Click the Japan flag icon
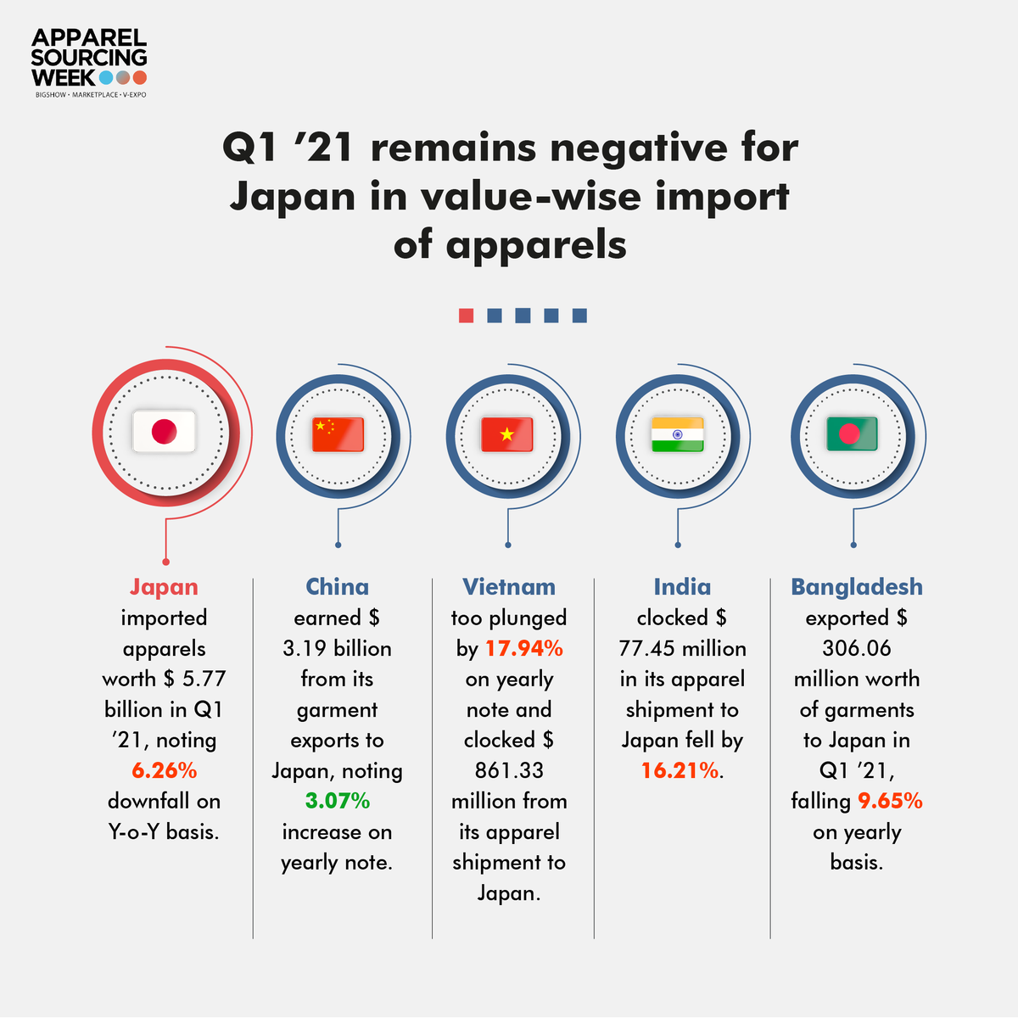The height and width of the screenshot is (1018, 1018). [164, 432]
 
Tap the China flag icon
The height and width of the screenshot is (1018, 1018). [338, 434]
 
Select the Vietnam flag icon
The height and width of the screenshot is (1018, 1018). [507, 434]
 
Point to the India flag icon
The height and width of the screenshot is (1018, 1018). [678, 434]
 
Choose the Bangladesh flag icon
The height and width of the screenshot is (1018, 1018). [853, 434]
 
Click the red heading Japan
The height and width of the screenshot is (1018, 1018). [164, 587]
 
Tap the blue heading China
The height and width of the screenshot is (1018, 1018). [338, 587]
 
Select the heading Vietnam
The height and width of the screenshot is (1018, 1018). [509, 587]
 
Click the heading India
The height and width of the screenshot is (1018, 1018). [682, 587]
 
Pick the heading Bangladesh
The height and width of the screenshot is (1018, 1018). [857, 587]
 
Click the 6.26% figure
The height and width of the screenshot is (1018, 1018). [164, 770]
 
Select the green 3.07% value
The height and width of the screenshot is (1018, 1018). [338, 801]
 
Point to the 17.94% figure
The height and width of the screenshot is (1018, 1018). [523, 649]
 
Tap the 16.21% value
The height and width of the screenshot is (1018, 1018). [680, 770]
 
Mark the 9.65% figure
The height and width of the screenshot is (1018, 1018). [890, 801]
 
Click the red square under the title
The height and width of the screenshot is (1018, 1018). [466, 316]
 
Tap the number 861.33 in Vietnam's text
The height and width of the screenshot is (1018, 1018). [509, 770]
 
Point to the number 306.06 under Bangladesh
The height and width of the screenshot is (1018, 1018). [857, 649]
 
